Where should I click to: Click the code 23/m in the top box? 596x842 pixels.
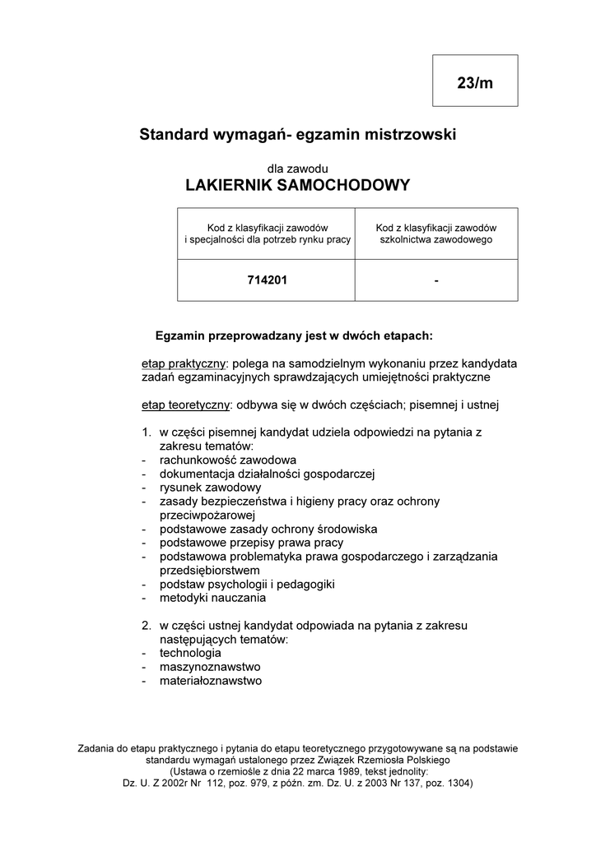pos(475,82)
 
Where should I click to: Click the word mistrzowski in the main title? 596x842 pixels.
pos(409,133)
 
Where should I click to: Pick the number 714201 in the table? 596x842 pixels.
pos(267,280)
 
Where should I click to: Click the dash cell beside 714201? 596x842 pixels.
pos(436,280)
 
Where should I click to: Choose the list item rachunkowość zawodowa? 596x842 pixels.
pos(228,460)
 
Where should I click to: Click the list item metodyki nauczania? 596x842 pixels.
pos(213,598)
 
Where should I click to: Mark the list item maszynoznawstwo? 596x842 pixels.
pos(210,667)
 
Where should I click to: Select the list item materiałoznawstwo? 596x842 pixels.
pos(211,681)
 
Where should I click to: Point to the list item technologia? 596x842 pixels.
pos(190,653)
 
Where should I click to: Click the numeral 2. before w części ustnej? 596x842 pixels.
pos(147,626)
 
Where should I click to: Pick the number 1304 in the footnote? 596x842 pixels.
pos(457,784)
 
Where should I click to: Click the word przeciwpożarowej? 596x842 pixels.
pos(206,515)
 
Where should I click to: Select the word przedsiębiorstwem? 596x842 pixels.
pos(210,570)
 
